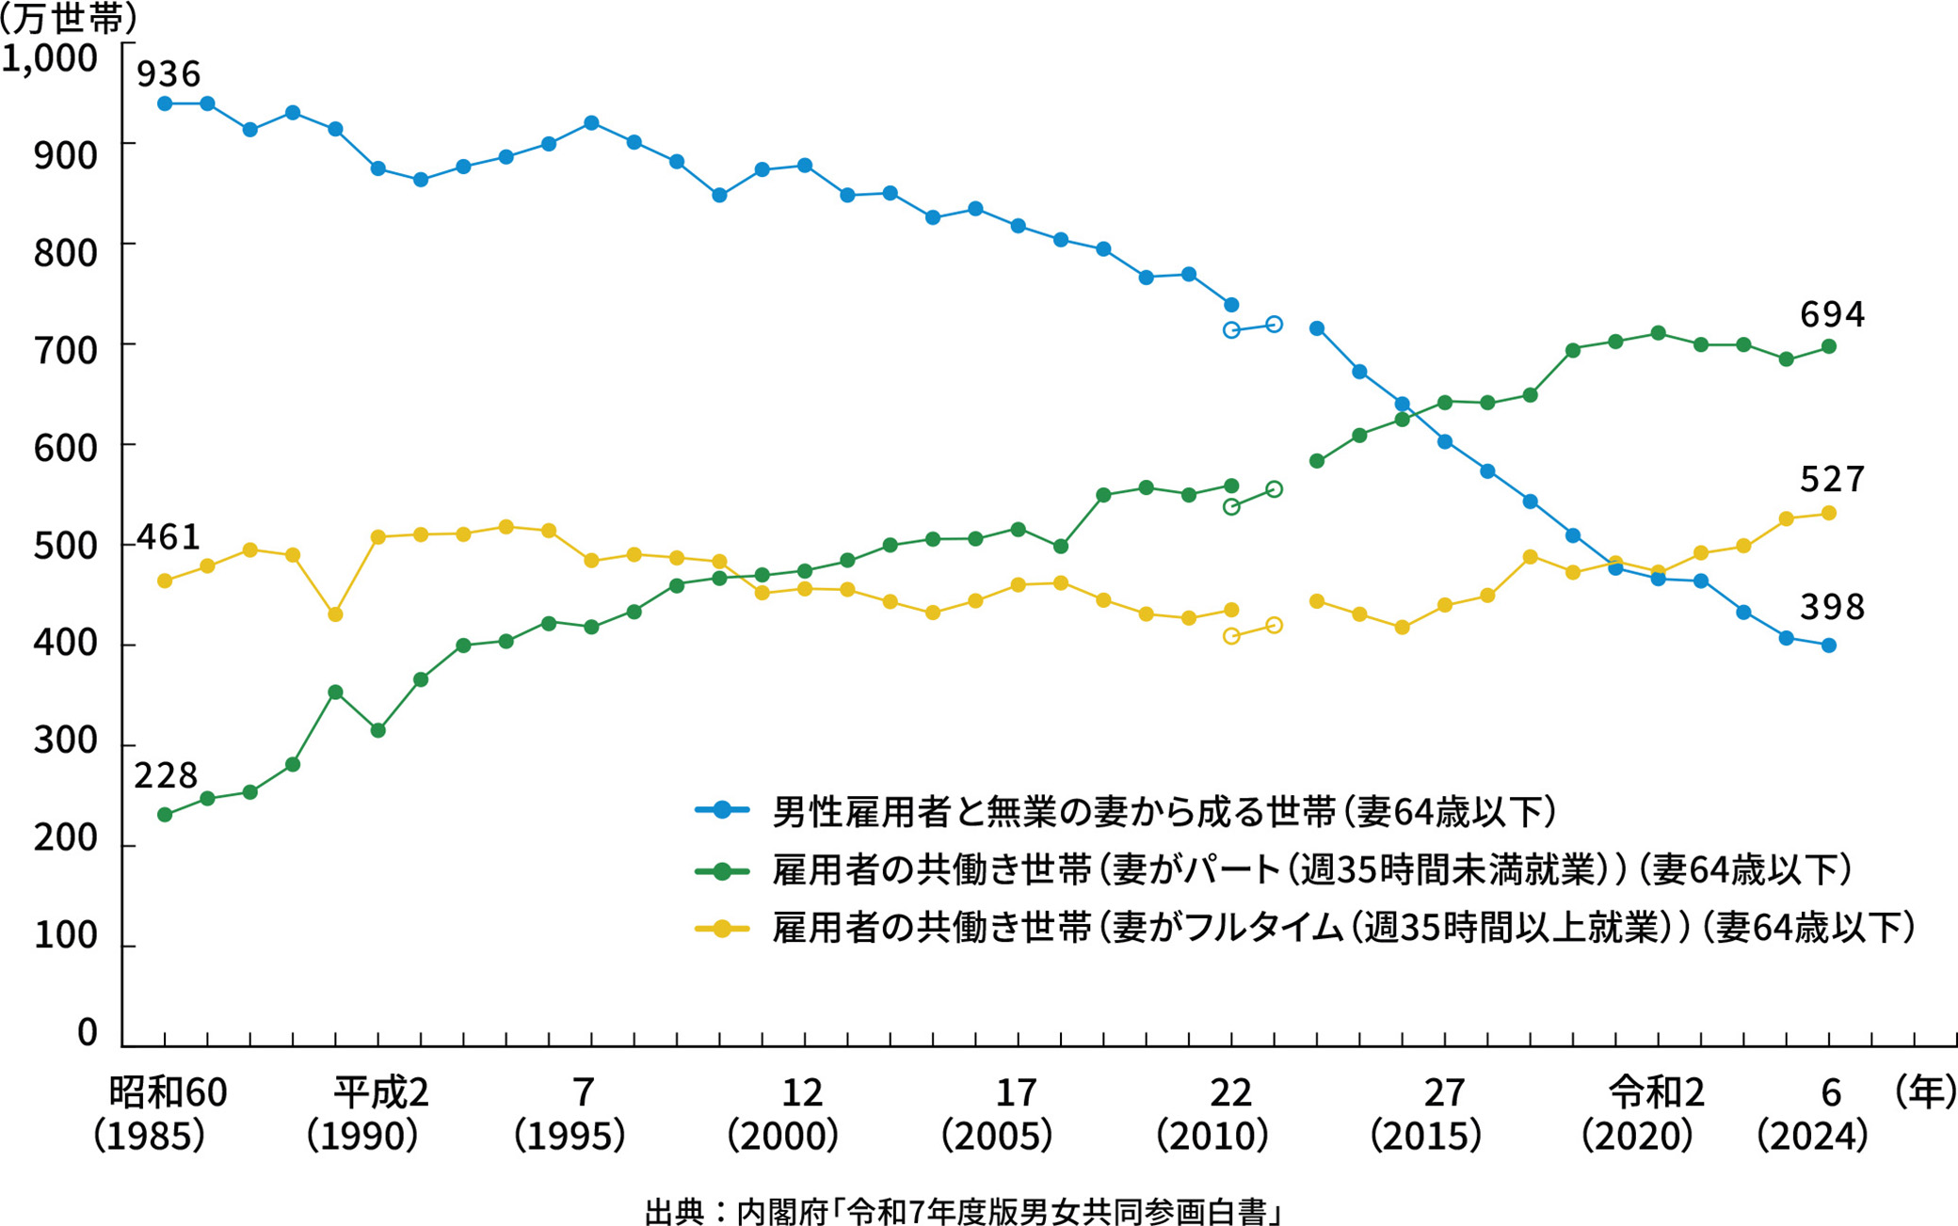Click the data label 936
[x=169, y=73]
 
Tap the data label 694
[x=1832, y=314]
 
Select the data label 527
[x=1832, y=480]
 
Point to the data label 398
[x=1832, y=607]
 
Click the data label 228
[x=166, y=775]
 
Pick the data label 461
[x=169, y=536]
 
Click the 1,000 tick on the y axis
[x=50, y=58]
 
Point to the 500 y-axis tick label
[x=65, y=546]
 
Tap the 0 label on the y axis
[x=87, y=1032]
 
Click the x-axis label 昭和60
[x=168, y=1092]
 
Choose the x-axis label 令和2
[x=1657, y=1092]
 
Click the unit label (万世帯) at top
[x=68, y=19]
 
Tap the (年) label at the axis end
[x=1926, y=1091]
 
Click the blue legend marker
[x=722, y=810]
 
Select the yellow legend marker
[x=722, y=929]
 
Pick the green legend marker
[x=722, y=870]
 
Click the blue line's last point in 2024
[x=1829, y=645]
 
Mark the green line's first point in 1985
[x=165, y=815]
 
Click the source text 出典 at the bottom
[x=674, y=1211]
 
